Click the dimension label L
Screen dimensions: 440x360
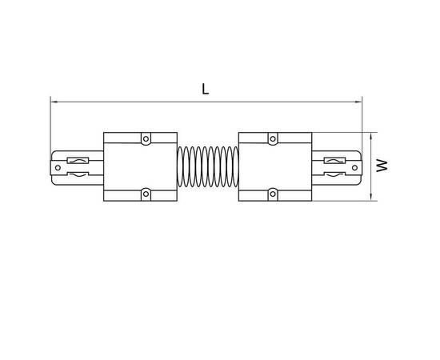click(206, 89)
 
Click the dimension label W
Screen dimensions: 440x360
click(382, 166)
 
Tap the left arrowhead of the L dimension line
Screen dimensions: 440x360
click(54, 102)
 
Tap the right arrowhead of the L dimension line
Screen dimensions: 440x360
click(358, 102)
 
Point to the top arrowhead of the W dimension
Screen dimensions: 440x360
click(371, 136)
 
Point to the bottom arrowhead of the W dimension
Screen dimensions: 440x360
click(371, 197)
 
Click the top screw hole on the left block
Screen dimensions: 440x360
click(146, 139)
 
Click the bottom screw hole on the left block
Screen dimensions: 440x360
click(146, 194)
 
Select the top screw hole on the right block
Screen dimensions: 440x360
click(273, 139)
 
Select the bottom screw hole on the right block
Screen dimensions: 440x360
click(273, 194)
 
